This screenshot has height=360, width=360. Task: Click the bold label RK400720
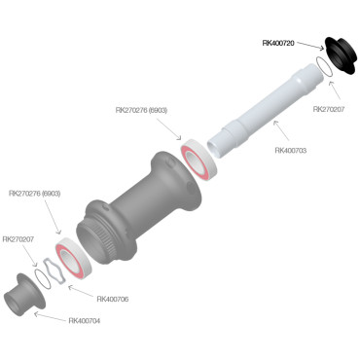[x=281, y=43]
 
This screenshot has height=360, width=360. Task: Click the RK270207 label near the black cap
[x=330, y=109]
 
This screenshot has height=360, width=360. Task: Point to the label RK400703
[x=293, y=150]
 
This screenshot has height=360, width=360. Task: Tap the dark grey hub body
[x=136, y=209]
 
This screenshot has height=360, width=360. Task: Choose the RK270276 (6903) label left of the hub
[x=35, y=193]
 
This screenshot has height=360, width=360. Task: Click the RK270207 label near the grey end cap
[x=19, y=238]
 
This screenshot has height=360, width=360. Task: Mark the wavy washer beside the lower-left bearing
[x=48, y=270]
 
